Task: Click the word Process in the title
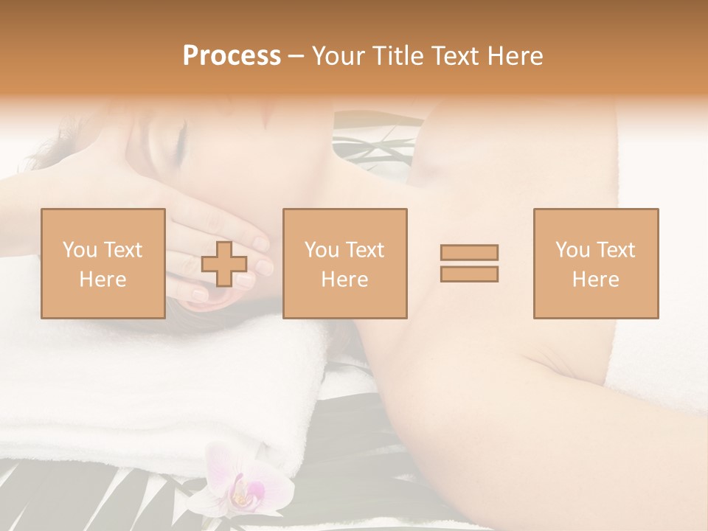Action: tap(232, 56)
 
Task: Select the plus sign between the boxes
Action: tap(224, 263)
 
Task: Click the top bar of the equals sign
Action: tap(469, 252)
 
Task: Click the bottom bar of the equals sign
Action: tap(469, 274)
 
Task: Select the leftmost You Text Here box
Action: tap(103, 263)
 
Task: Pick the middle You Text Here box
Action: tap(344, 263)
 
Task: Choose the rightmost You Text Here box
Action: tap(595, 263)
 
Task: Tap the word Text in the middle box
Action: tap(364, 250)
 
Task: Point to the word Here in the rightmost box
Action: tap(595, 280)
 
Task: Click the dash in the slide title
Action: tap(296, 57)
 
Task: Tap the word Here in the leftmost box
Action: tap(103, 280)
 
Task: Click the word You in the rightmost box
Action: tap(572, 250)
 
